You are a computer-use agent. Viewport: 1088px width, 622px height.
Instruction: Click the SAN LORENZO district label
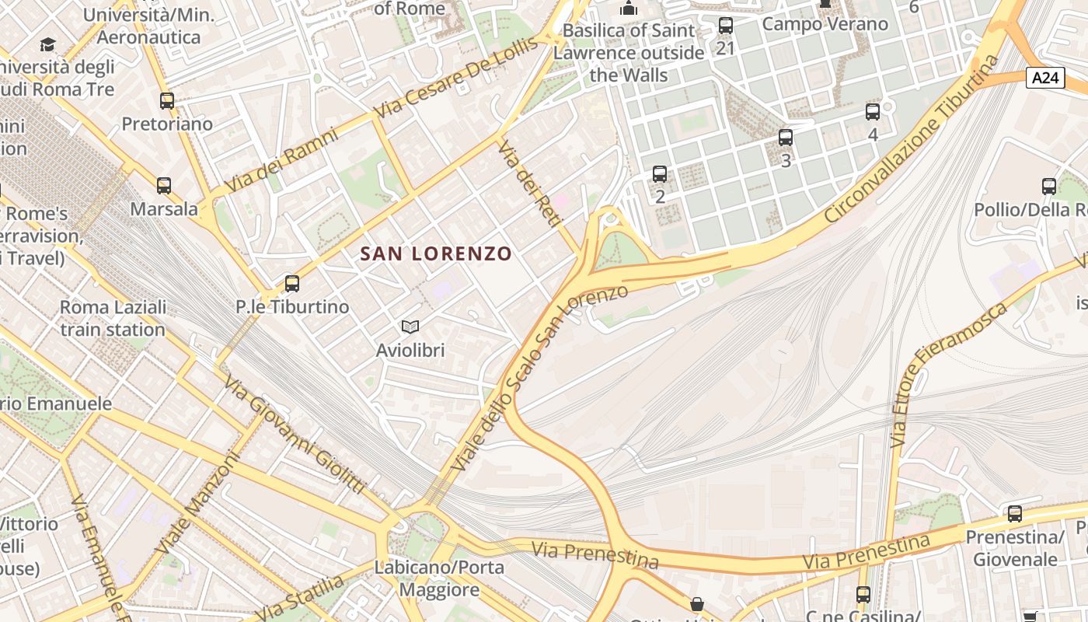click(436, 253)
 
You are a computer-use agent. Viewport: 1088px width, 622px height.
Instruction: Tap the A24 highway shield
click(1044, 78)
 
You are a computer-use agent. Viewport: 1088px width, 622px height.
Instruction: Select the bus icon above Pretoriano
click(167, 101)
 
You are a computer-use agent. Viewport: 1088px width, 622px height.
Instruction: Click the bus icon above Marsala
click(164, 186)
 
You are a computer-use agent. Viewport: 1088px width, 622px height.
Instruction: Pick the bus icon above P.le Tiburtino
click(292, 284)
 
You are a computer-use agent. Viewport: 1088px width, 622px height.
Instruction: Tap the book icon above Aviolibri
click(410, 327)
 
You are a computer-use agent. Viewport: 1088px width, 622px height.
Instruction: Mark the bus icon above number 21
click(726, 26)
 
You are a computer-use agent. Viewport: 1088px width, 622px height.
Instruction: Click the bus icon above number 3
click(786, 138)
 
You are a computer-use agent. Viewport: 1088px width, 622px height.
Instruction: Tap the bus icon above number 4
click(873, 112)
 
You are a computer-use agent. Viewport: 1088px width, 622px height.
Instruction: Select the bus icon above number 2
click(660, 173)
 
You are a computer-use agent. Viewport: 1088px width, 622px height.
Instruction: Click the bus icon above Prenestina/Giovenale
click(1015, 513)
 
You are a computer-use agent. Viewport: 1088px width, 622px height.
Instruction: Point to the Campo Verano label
click(825, 24)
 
